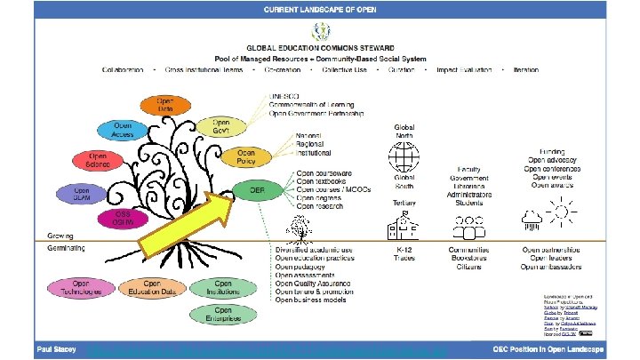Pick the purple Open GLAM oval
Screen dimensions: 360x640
[83, 193]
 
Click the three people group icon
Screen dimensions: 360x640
[468, 224]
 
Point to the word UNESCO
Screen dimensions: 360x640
[285, 95]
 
